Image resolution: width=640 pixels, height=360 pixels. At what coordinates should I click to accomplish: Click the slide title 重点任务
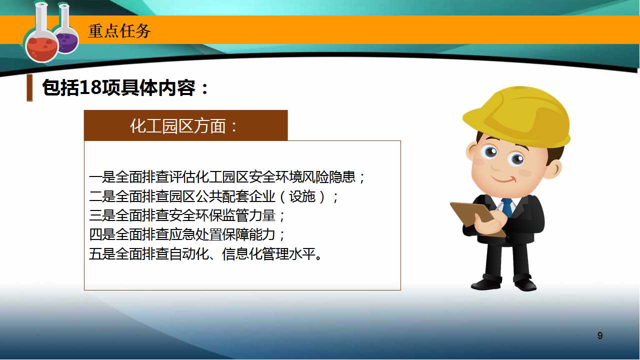119,31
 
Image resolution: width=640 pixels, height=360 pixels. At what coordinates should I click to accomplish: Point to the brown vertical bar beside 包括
29,87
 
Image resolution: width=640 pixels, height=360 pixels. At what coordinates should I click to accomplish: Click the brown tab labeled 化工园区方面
185,125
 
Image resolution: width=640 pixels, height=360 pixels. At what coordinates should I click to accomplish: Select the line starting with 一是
227,177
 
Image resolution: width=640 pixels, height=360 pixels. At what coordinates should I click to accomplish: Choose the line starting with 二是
213,196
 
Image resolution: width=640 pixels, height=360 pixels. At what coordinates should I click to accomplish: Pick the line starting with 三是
187,215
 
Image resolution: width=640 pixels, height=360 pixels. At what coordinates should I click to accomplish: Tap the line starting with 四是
187,234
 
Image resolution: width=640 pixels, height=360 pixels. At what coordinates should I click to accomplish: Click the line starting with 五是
205,253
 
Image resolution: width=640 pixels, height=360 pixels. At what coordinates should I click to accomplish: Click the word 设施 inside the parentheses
302,196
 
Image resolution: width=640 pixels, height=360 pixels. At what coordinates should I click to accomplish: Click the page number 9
600,335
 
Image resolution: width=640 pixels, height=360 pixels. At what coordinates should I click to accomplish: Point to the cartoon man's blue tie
507,207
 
